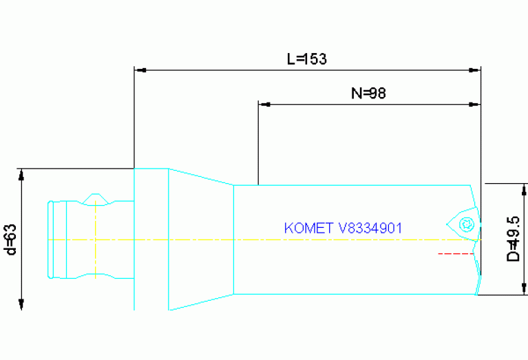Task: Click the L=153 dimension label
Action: [306, 59]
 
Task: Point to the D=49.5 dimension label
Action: [513, 238]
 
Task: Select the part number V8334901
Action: [370, 228]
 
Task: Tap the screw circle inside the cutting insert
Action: [467, 223]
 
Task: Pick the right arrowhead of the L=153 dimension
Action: [474, 70]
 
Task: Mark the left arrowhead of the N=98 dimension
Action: [263, 105]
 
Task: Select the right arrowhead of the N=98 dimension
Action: [474, 105]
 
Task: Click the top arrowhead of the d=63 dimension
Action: [21, 174]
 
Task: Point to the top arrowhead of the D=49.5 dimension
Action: [524, 189]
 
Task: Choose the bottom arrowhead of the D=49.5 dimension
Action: [524, 289]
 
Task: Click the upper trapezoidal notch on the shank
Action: [95, 200]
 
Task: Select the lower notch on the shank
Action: [95, 276]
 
